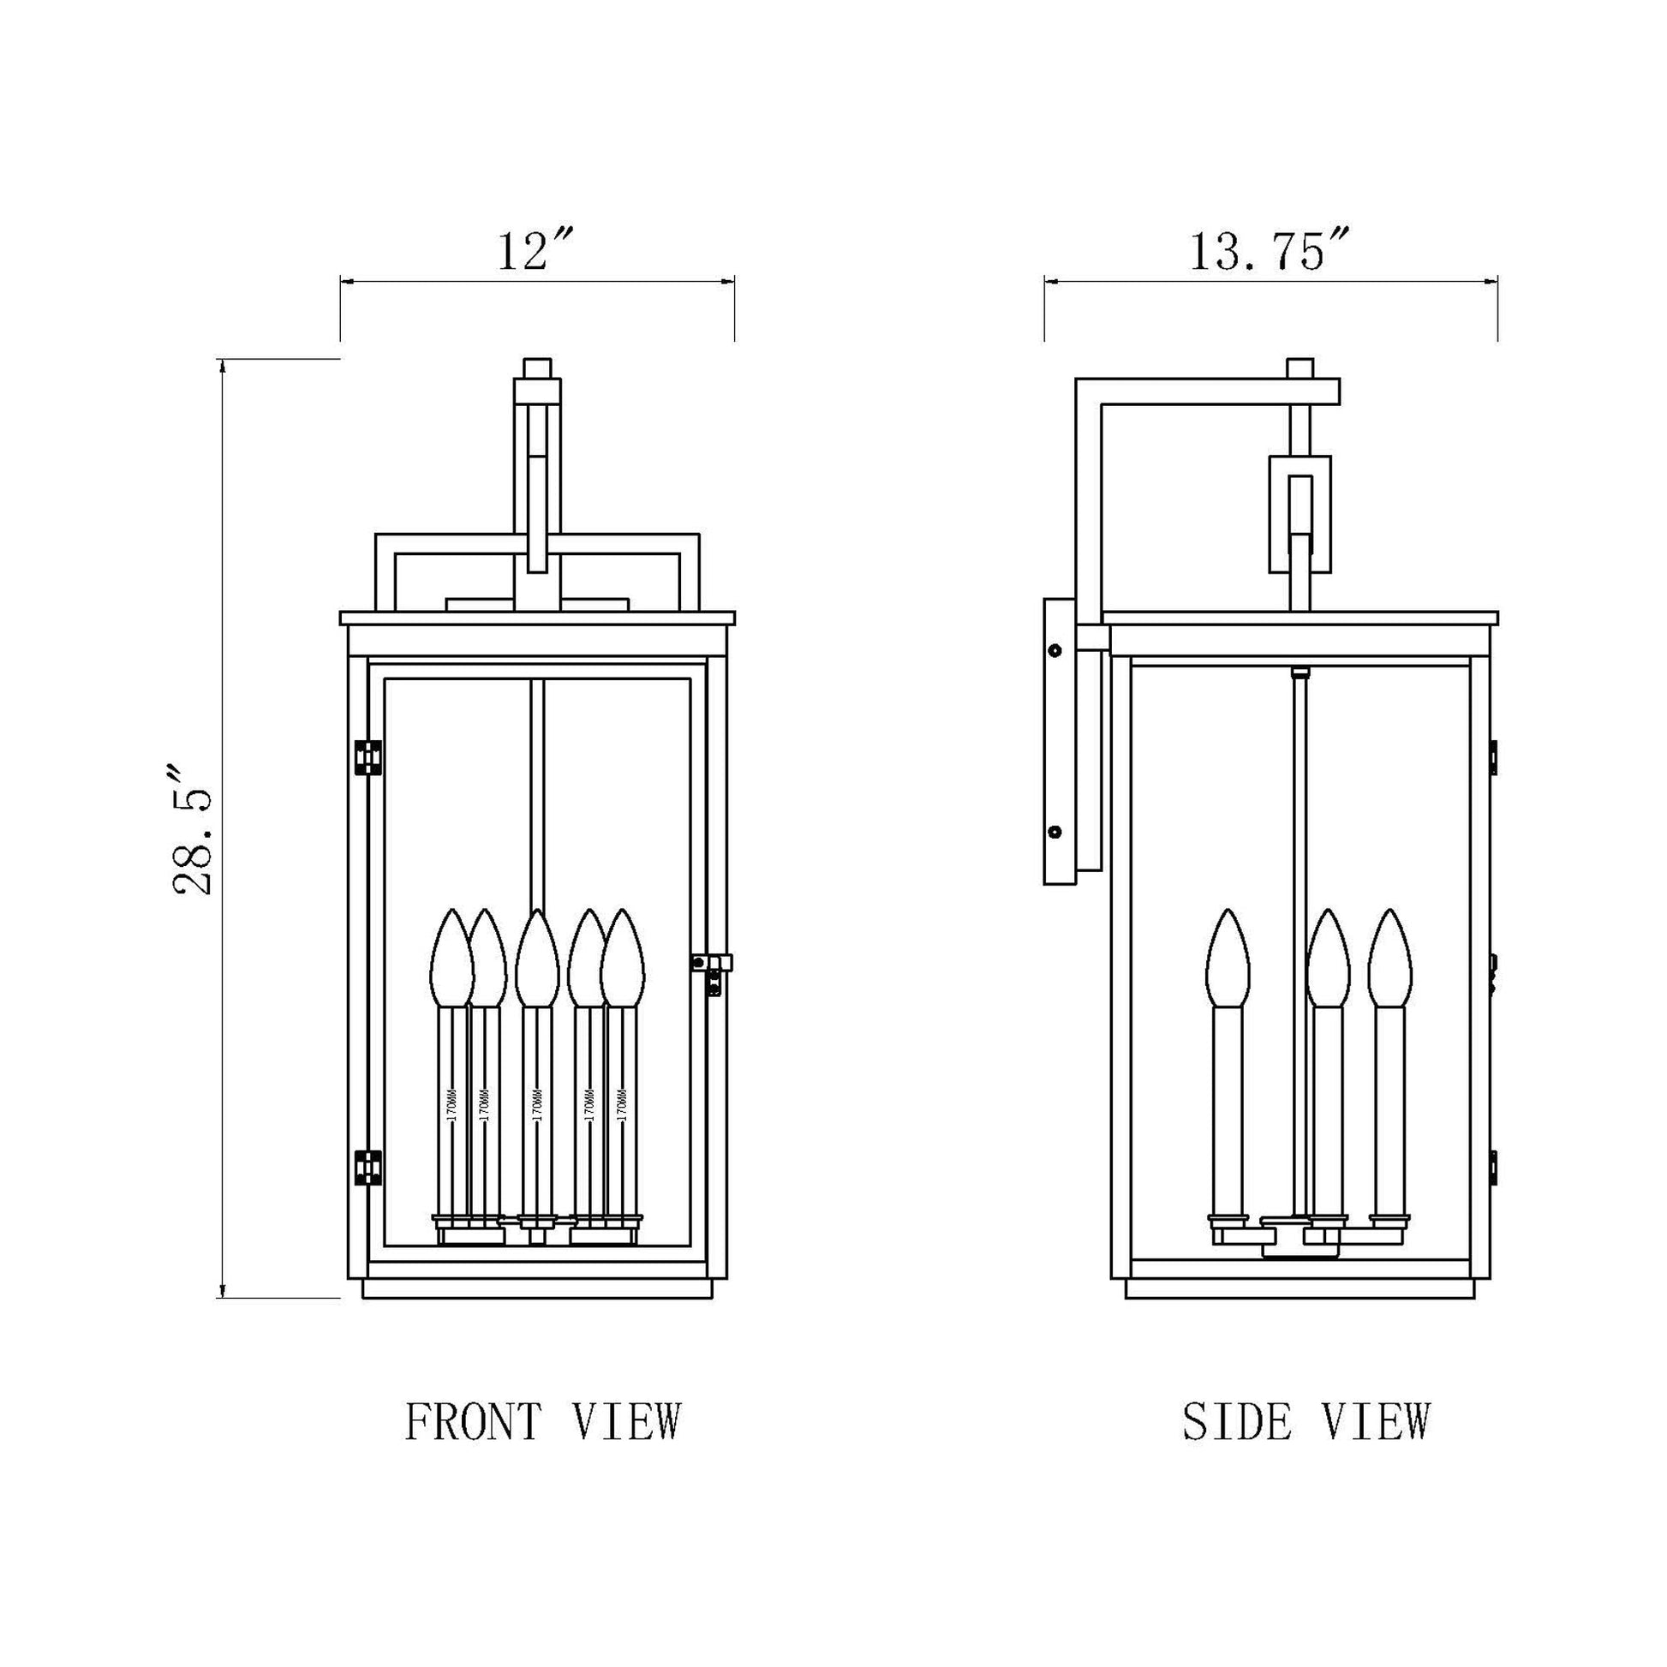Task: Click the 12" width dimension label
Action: point(535,252)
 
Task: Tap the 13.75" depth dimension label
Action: point(1269,252)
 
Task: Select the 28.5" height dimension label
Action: point(192,830)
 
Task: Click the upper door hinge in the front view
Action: point(368,756)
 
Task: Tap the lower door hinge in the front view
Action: point(368,1168)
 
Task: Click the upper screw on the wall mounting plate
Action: point(1054,649)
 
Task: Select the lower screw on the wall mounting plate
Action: point(1054,833)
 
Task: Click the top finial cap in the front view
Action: point(538,367)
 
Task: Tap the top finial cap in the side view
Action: point(1300,367)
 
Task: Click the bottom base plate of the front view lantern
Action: point(538,1312)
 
